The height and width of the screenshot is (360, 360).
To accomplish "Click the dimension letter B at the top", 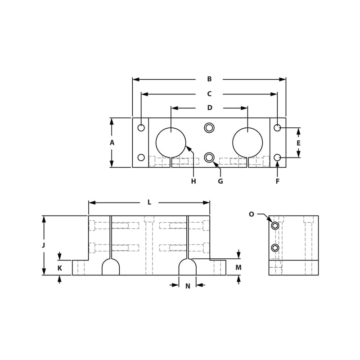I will (209, 79).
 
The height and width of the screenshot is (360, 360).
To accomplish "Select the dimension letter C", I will (209, 94).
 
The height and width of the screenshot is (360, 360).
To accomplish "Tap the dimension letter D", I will (210, 108).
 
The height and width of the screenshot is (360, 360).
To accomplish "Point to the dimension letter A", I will (112, 143).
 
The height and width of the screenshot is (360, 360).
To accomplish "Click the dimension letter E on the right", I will (298, 143).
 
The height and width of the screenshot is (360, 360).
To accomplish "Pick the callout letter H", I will (193, 181).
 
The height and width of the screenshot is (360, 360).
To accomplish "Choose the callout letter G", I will (220, 181).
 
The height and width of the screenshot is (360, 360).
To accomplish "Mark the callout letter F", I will (277, 181).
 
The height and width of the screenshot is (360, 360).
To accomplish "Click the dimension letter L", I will (149, 202).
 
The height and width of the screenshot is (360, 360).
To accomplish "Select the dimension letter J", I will (44, 245).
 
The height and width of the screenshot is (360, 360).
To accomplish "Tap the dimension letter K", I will (59, 268).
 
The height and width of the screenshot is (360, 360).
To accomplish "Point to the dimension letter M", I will (238, 268).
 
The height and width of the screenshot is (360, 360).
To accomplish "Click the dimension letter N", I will (188, 286).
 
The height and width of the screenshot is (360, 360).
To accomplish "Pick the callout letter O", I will (252, 214).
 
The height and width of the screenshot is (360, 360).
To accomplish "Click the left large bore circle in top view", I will (171, 143).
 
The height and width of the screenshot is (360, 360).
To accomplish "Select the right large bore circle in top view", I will (247, 143).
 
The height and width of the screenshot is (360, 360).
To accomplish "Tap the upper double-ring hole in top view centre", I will (209, 128).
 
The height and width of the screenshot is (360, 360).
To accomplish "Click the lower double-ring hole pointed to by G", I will (209, 157).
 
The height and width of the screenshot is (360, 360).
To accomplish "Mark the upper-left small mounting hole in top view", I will (141, 128).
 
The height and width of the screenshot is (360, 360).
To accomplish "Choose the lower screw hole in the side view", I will (275, 248).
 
